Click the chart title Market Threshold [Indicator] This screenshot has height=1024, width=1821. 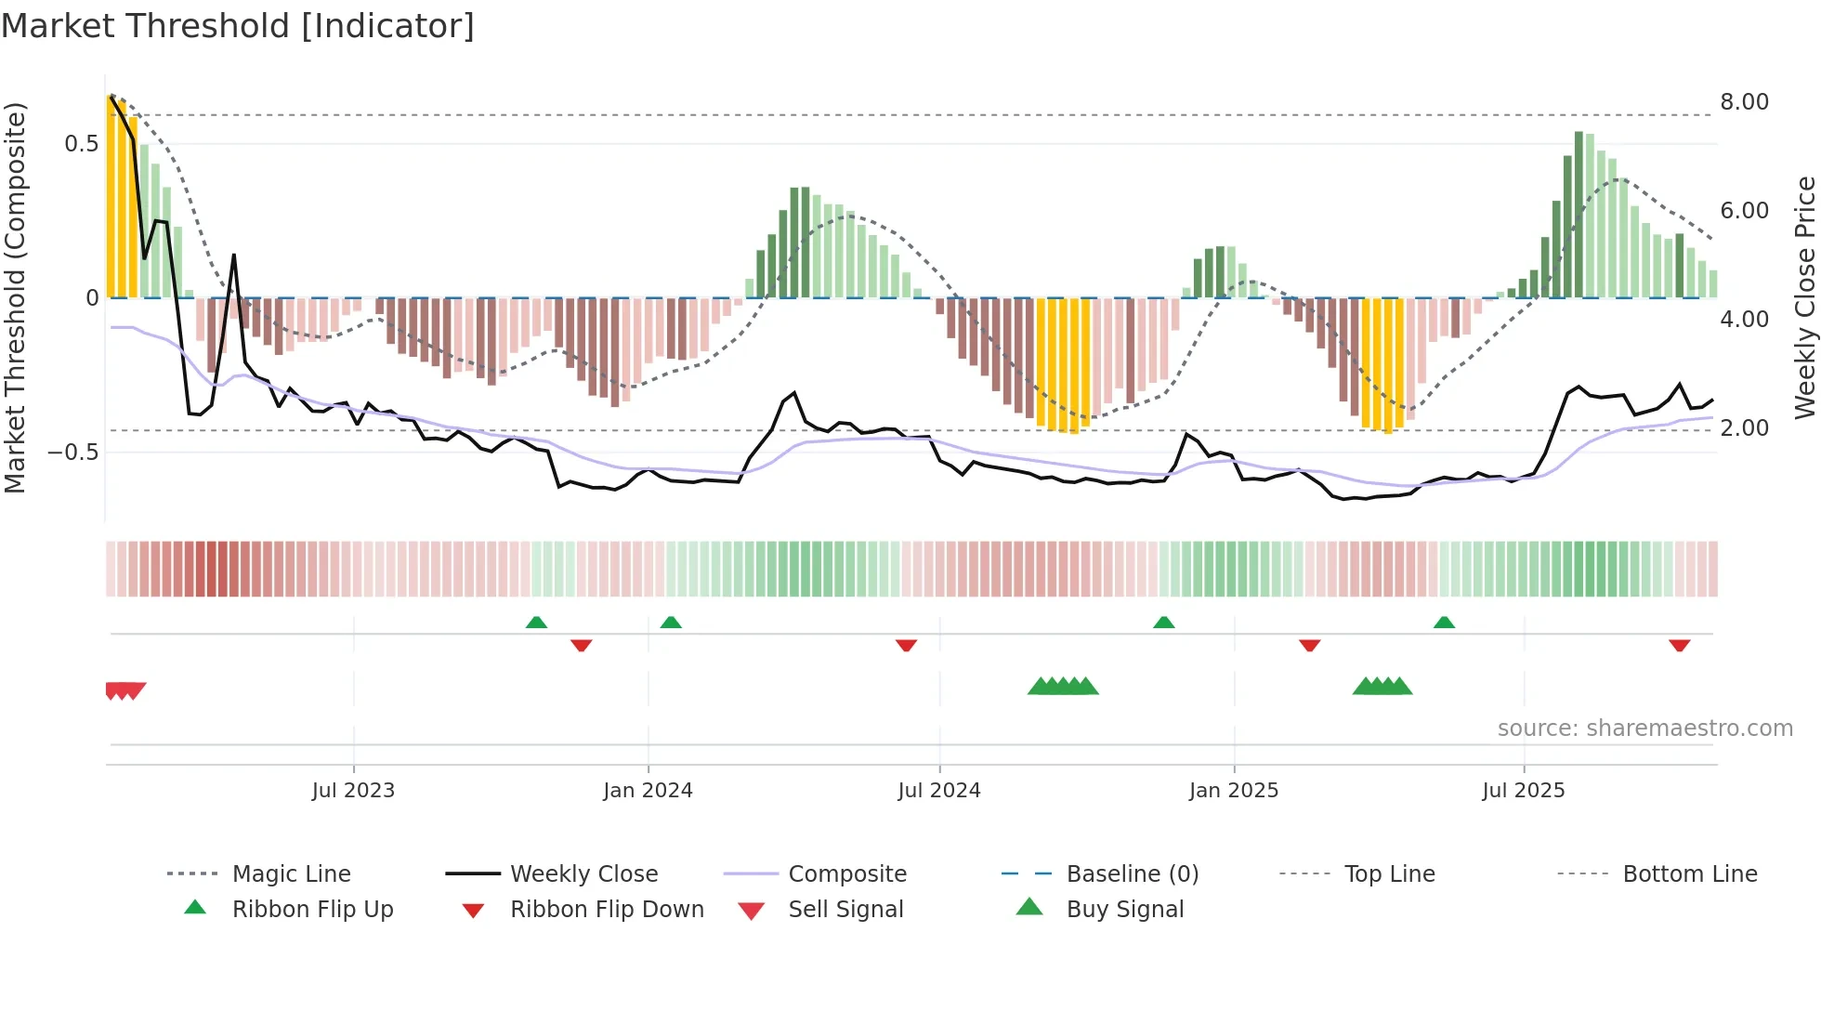coord(238,26)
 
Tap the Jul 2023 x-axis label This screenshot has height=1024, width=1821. coord(353,791)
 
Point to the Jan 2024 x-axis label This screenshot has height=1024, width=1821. coord(648,791)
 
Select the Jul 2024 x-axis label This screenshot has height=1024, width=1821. coord(939,791)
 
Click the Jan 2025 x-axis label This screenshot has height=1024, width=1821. coord(1234,791)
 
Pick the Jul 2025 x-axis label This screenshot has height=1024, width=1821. coord(1524,791)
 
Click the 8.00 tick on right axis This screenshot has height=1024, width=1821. coord(1744,102)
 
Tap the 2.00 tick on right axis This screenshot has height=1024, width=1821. coord(1744,428)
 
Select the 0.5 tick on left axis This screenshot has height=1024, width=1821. coord(81,144)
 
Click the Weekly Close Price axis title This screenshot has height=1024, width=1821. coord(1804,297)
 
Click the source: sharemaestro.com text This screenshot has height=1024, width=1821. coord(1644,729)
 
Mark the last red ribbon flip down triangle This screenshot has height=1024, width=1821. coord(1679,645)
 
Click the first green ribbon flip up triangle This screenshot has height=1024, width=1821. coord(536,623)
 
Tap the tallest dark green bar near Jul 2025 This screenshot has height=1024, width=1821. coord(1579,214)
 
